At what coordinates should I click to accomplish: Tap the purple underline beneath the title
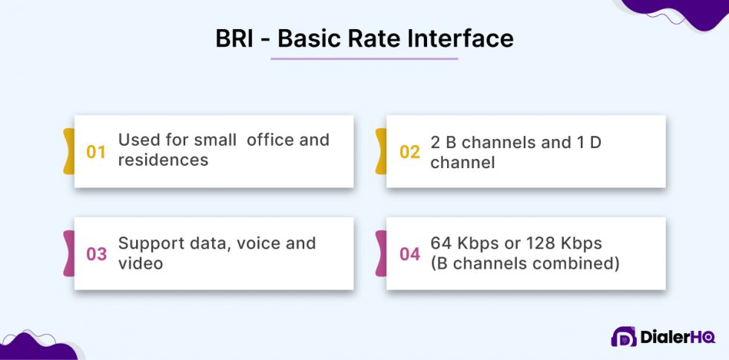point(364,58)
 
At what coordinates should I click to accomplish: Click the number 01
point(97,152)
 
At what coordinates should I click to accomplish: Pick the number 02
point(409,152)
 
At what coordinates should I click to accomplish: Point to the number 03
point(97,254)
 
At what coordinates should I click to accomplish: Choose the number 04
point(409,254)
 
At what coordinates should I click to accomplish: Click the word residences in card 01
point(163,160)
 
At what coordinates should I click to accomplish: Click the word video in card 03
point(141,263)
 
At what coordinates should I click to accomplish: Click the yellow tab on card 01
point(68,151)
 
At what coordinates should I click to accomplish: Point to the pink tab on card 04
point(381,254)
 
